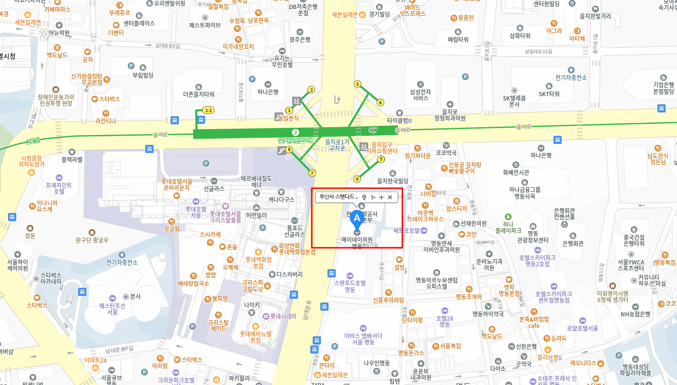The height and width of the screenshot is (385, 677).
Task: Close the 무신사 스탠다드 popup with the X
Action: [x=390, y=197]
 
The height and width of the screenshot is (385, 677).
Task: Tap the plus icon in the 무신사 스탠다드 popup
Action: [x=381, y=197]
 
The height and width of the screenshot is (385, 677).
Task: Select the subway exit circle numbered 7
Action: [x=312, y=173]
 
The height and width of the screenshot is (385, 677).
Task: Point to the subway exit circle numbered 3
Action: [x=358, y=84]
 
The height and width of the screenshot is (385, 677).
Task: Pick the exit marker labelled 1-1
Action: [x=208, y=110]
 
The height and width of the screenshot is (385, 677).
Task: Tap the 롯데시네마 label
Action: [x=283, y=316]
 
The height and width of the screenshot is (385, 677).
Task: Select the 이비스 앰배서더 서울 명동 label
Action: [x=363, y=339]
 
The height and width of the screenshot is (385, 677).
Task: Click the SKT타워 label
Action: [x=549, y=94]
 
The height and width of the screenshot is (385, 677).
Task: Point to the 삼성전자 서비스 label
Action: [x=420, y=94]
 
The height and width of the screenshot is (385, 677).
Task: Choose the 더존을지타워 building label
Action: [x=199, y=94]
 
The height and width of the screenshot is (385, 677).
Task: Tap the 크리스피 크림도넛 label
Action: [x=253, y=285]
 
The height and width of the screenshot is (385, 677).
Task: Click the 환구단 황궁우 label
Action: [x=92, y=240]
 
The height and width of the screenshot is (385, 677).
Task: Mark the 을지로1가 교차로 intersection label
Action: [x=337, y=145]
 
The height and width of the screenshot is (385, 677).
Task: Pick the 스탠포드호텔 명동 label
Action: [x=350, y=285]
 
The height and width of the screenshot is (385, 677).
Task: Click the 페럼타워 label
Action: [x=458, y=40]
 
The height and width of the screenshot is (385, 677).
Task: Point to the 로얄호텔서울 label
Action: [x=582, y=328]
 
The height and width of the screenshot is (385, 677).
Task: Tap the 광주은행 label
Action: [x=299, y=40]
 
